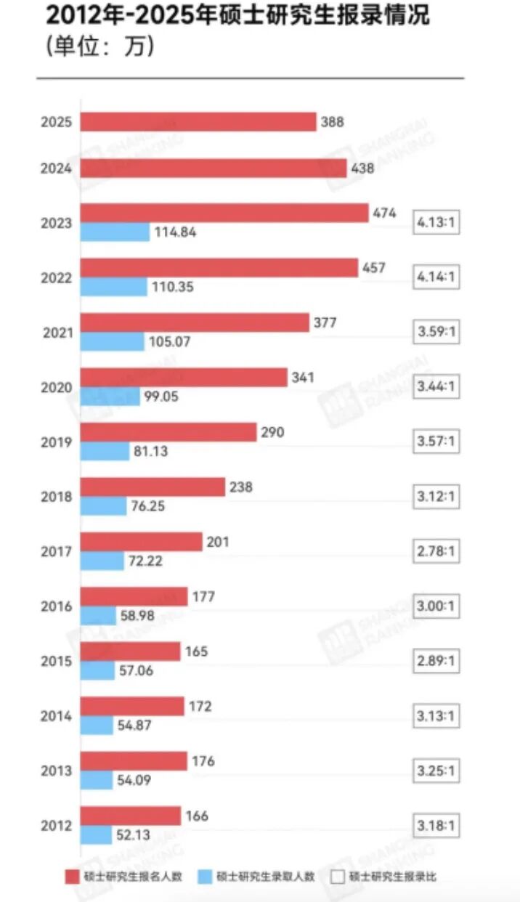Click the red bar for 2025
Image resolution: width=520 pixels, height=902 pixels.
tap(198, 122)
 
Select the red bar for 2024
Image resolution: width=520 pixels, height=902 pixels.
tap(214, 168)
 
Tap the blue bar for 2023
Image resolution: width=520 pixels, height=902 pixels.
tap(115, 232)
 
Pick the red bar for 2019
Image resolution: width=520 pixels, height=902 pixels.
tap(168, 432)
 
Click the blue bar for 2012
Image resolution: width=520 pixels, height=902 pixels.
tap(96, 834)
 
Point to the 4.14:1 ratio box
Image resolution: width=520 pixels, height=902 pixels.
tap(436, 277)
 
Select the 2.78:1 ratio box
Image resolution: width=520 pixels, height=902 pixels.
tap(436, 551)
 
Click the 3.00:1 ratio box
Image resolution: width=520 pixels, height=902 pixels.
tap(436, 606)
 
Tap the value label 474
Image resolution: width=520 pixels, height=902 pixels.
tap(384, 213)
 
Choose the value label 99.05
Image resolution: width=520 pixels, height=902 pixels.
tap(161, 397)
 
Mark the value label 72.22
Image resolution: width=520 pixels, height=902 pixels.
tap(145, 561)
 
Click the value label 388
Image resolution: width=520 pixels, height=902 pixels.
tap(333, 122)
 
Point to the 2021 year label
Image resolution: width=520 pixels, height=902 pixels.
tap(58, 333)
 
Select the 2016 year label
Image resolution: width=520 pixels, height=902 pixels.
tap(57, 606)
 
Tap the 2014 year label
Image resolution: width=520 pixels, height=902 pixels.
tap(56, 716)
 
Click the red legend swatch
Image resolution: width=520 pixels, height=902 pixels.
tap(72, 877)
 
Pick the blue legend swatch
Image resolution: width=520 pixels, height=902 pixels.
tap(205, 877)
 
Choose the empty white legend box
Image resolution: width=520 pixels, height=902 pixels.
tap(338, 877)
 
